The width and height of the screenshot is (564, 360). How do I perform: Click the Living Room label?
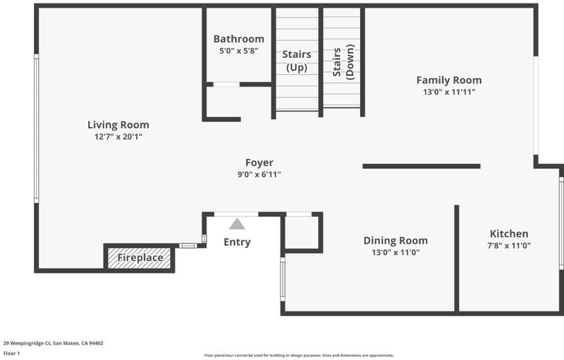pyautogui.click(x=118, y=125)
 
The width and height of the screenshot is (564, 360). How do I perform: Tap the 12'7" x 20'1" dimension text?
pyautogui.click(x=118, y=137)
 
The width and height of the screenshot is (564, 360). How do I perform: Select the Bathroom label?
pyautogui.click(x=239, y=39)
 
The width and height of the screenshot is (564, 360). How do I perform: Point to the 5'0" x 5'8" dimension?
pyautogui.click(x=239, y=51)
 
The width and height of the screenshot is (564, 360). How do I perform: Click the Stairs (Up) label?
pyautogui.click(x=297, y=61)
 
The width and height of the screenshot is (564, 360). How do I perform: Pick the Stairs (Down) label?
pyautogui.click(x=343, y=62)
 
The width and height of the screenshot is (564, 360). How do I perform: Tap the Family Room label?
pyautogui.click(x=449, y=80)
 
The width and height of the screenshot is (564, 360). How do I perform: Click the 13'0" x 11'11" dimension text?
pyautogui.click(x=449, y=92)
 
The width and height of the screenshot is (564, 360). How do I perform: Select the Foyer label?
pyautogui.click(x=259, y=163)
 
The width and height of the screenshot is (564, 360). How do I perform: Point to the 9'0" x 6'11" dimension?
pyautogui.click(x=259, y=175)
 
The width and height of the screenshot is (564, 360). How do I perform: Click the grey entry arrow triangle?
pyautogui.click(x=237, y=225)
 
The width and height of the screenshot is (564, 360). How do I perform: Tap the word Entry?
pyautogui.click(x=237, y=242)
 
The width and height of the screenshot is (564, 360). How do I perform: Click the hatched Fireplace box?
pyautogui.click(x=139, y=258)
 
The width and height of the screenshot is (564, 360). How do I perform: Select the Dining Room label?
pyautogui.click(x=396, y=241)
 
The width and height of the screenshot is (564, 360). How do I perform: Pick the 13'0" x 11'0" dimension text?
pyautogui.click(x=396, y=253)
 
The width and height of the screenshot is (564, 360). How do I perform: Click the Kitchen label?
pyautogui.click(x=509, y=234)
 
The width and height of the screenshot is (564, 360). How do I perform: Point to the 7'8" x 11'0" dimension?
pyautogui.click(x=509, y=246)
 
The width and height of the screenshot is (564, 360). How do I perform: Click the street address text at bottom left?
pyautogui.click(x=54, y=343)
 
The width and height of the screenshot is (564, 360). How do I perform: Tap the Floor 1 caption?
pyautogui.click(x=11, y=354)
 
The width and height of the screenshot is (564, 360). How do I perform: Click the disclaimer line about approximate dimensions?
pyautogui.click(x=299, y=355)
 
